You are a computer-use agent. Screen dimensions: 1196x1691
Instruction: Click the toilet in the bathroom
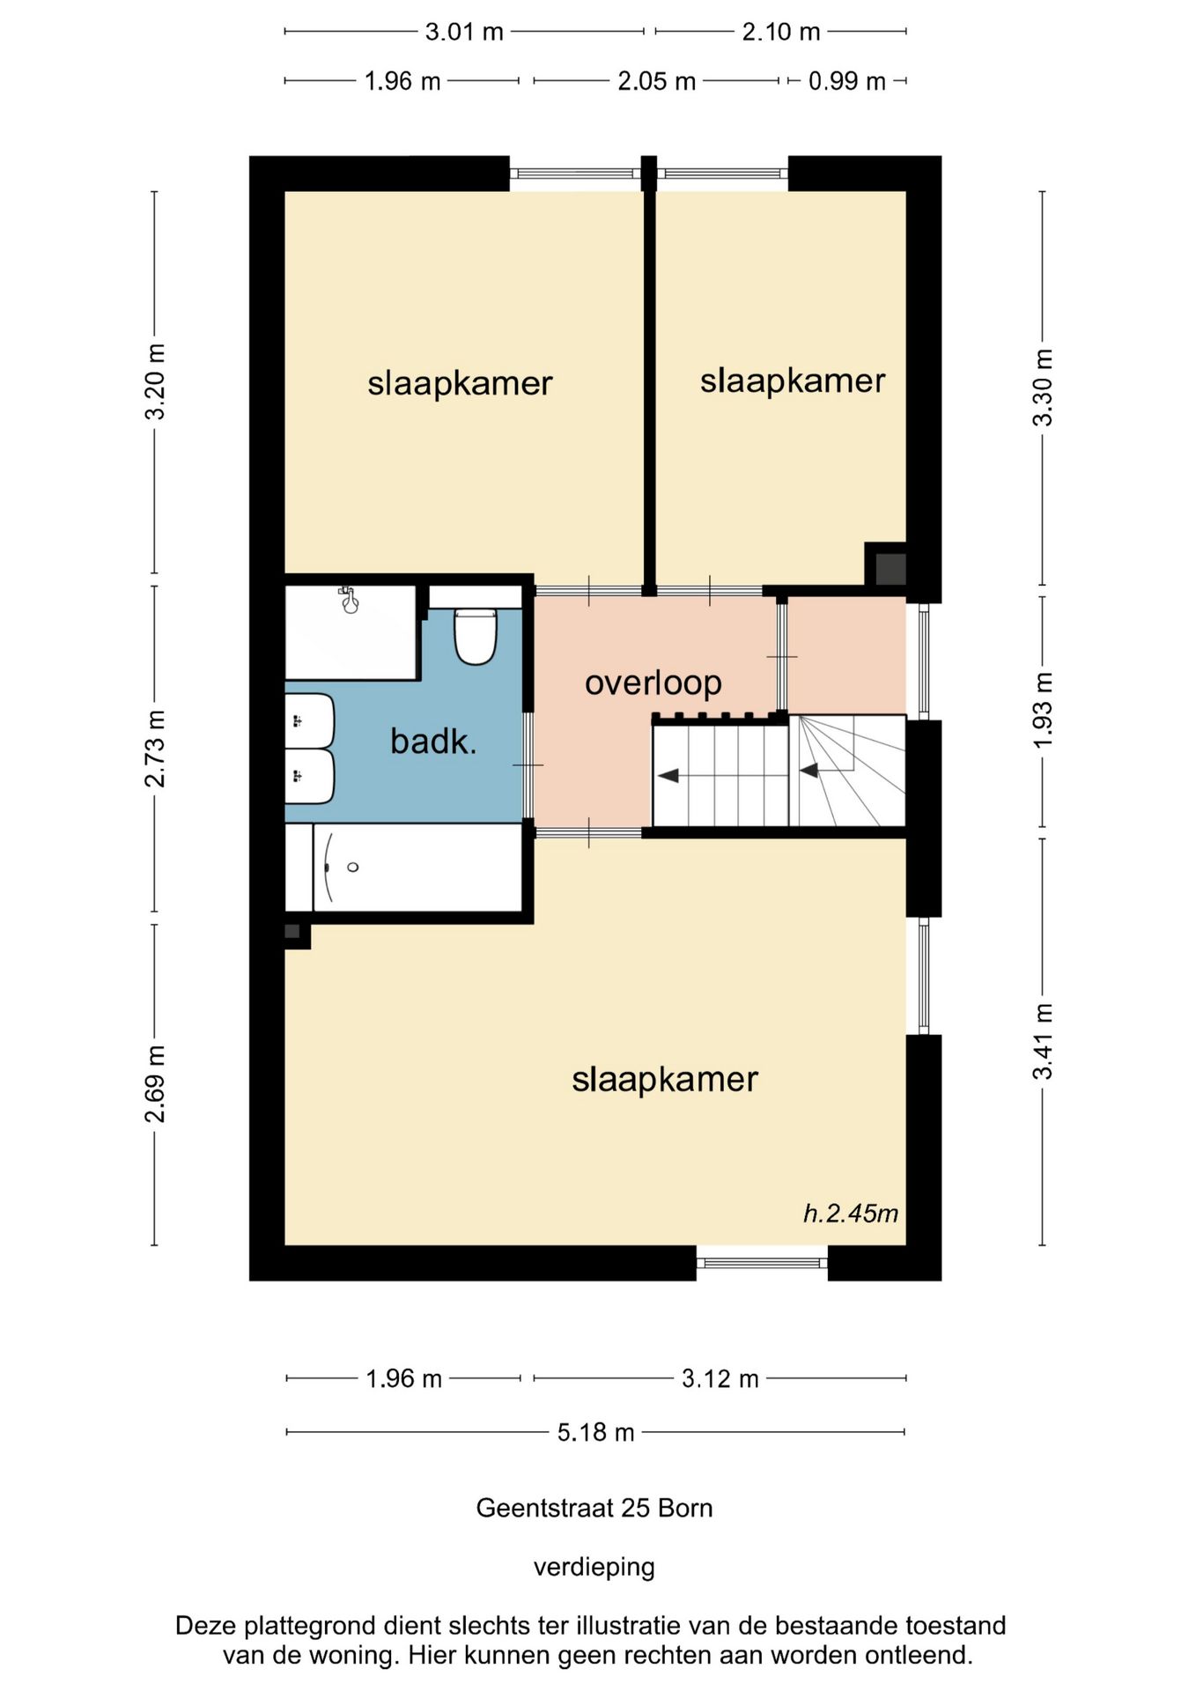(476, 636)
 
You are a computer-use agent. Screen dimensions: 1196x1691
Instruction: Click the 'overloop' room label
(653, 683)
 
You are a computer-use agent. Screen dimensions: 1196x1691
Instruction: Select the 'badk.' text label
(433, 742)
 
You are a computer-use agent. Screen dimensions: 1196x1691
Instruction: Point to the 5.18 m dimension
(595, 1432)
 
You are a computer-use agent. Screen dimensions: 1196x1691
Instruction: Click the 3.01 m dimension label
(464, 32)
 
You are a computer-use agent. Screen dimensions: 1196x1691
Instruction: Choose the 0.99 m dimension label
(847, 81)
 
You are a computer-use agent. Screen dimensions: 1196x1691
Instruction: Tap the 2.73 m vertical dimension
(155, 749)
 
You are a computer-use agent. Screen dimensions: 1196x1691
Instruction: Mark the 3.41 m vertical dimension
(1043, 1041)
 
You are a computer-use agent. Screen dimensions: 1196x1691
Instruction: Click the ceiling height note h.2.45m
(851, 1214)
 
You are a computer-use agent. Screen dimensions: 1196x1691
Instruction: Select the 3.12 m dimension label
(720, 1378)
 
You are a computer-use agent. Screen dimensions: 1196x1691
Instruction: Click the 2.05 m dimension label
(657, 81)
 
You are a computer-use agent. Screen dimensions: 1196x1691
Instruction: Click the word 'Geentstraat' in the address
(545, 1508)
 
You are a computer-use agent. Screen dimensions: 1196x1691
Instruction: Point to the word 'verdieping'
(594, 1568)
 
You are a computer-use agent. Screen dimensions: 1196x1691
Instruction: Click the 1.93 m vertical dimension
(1043, 711)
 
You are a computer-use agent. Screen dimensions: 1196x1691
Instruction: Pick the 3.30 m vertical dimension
(1043, 388)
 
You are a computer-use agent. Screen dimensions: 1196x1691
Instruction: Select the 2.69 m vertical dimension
(155, 1084)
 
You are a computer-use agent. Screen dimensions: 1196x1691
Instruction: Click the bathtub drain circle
(353, 868)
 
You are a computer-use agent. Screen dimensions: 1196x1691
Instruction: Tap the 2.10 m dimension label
(781, 32)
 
